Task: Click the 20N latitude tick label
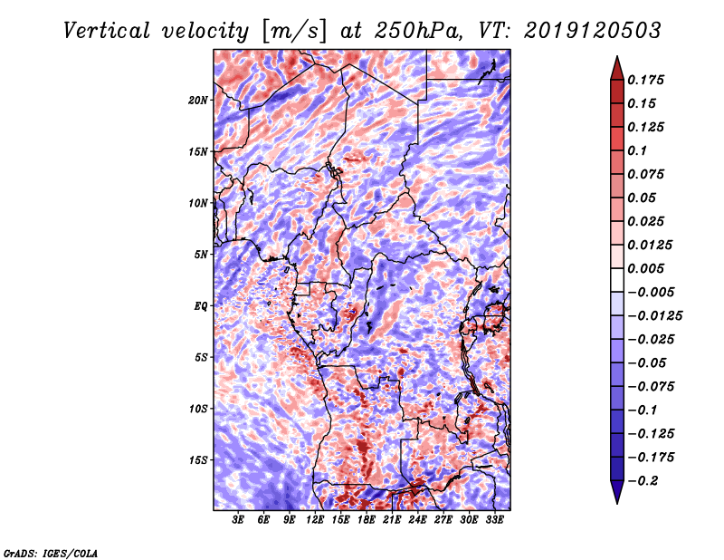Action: coord(199,100)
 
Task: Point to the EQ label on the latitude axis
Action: coord(201,305)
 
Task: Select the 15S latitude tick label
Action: coord(199,459)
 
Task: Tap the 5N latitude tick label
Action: coord(201,254)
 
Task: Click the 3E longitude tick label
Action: coord(239,520)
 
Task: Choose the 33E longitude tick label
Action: coord(494,520)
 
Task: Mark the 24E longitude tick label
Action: coord(417,520)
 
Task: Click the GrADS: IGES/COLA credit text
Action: coord(51,552)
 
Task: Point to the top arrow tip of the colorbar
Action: coord(616,58)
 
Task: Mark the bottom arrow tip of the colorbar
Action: coord(616,501)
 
